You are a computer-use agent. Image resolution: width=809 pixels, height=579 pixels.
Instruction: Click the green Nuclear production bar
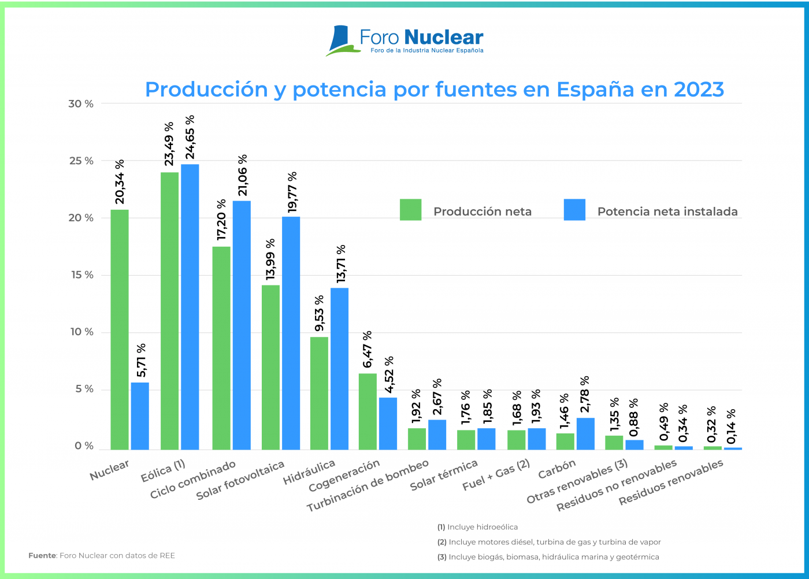[120, 329]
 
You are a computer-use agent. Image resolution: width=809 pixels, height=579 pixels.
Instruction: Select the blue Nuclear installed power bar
[140, 415]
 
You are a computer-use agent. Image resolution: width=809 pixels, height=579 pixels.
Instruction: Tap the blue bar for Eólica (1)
[190, 307]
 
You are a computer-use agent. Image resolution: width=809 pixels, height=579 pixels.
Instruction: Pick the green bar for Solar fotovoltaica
[270, 367]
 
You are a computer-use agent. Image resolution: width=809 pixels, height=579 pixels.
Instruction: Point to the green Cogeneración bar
[368, 411]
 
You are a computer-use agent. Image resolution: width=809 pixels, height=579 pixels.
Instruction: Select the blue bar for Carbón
[585, 433]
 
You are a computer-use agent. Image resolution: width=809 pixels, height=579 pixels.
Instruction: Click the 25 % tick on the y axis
[81, 161]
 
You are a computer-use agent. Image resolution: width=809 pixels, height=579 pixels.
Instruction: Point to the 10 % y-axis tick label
[81, 332]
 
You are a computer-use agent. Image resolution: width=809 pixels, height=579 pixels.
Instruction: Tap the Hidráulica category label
[309, 472]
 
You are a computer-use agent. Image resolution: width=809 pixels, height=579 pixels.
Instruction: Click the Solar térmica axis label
[444, 475]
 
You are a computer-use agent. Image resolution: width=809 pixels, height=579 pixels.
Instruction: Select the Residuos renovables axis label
[671, 482]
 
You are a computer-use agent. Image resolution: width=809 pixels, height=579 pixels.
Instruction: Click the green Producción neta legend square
[410, 210]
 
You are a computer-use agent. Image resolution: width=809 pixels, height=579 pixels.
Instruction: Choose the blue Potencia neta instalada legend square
[574, 210]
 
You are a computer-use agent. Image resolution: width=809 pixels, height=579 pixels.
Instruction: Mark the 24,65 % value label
[190, 137]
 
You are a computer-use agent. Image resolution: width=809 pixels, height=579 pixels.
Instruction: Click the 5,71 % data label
[140, 360]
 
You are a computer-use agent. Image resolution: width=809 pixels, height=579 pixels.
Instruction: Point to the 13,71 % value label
[341, 263]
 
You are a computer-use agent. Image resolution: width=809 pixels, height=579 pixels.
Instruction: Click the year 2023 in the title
[699, 90]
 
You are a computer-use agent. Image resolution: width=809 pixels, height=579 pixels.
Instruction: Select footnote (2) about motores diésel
[549, 542]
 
